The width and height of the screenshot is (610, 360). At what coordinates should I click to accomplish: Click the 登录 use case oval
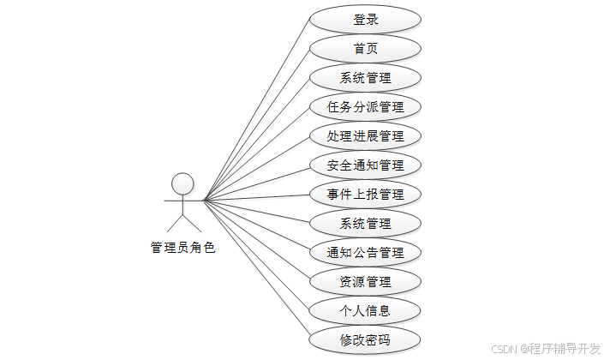point(366,20)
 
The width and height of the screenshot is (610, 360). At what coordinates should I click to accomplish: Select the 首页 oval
point(366,49)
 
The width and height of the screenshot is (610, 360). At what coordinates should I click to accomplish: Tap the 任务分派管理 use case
point(366,107)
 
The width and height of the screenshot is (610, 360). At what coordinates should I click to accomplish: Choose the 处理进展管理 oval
point(366,136)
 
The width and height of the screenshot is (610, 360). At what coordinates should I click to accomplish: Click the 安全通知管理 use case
point(366,165)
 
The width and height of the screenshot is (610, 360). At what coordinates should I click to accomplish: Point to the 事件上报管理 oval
point(366,195)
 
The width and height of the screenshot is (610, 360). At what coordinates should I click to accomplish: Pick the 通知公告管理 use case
point(366,253)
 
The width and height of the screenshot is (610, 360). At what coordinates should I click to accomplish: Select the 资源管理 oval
point(366,281)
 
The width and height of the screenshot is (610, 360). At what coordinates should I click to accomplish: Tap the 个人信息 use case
point(366,310)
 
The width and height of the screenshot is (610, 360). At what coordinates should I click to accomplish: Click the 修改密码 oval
point(366,339)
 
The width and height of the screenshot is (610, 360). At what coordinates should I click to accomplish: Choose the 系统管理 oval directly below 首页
point(366,78)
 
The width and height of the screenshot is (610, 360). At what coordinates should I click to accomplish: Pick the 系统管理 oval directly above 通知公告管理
point(366,224)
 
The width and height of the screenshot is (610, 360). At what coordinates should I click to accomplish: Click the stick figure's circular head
point(182,183)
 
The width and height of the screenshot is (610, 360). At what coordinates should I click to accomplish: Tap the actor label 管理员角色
point(182,248)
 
